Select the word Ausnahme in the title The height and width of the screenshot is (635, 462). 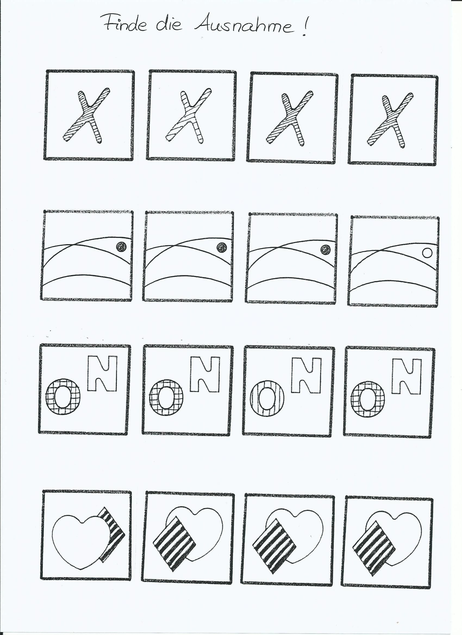click(244, 26)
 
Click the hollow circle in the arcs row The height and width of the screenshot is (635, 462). click(427, 253)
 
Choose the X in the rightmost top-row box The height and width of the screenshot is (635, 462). click(390, 120)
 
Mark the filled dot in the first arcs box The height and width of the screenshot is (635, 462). click(121, 247)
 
